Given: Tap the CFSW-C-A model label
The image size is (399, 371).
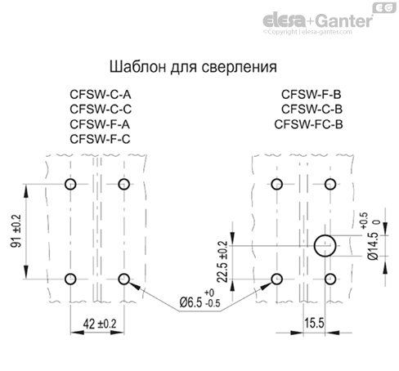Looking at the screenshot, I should click(x=101, y=94).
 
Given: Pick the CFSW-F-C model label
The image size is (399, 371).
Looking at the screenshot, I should click(x=101, y=140).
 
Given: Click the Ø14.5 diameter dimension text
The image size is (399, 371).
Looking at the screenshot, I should click(x=374, y=245).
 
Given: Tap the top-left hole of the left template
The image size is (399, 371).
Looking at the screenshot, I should click(x=70, y=183).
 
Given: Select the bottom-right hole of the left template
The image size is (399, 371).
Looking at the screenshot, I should click(x=123, y=279).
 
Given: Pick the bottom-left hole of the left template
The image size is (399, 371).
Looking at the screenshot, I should click(x=70, y=279).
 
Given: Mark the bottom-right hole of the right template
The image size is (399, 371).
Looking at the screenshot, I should click(x=330, y=279).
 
